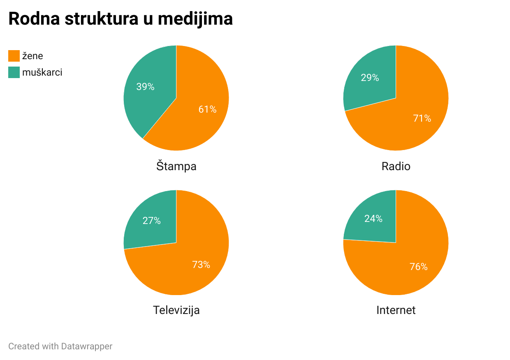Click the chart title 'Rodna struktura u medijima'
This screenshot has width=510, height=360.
click(121, 19)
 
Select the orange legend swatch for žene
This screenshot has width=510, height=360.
click(14, 56)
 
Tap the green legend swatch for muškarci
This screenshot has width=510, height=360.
click(14, 72)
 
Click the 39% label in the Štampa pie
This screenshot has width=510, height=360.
click(145, 87)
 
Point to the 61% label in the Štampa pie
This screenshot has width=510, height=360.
click(207, 109)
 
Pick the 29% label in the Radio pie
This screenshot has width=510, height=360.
click(370, 78)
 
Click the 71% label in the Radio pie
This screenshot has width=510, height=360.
click(422, 119)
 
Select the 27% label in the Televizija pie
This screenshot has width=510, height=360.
click(152, 221)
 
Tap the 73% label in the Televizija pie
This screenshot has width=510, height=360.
click(201, 265)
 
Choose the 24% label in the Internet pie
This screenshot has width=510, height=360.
click(373, 219)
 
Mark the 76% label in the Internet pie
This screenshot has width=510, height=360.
click(419, 267)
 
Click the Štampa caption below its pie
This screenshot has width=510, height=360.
click(176, 166)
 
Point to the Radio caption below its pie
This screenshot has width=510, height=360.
click(396, 166)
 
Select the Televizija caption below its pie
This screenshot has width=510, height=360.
click(176, 310)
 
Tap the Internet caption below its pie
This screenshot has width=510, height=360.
click(396, 310)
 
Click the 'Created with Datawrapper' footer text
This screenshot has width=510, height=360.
click(60, 346)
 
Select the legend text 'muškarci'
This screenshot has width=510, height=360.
click(42, 72)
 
